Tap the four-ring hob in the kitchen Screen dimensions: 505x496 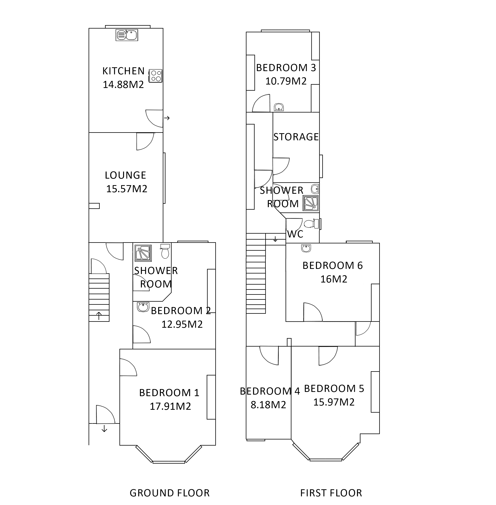click(155, 76)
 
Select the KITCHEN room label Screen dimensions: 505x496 click(123, 71)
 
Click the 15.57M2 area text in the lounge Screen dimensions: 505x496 click(127, 189)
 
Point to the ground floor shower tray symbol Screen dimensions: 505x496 click(143, 253)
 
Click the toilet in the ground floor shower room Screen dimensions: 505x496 click(165, 251)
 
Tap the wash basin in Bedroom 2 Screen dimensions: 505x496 click(143, 307)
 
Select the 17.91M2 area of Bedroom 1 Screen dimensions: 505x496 click(170, 406)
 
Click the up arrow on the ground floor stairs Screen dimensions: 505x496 click(99, 316)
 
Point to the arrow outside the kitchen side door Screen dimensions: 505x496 click(167, 118)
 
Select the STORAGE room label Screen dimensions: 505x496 click(296, 137)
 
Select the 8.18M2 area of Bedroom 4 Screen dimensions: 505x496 click(268, 405)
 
